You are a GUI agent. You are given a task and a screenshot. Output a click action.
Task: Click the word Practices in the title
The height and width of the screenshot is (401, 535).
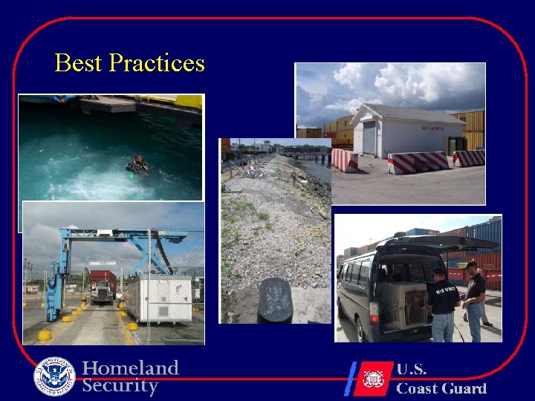point(156,63)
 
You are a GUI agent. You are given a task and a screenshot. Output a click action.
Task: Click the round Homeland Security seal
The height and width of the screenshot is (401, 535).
point(54,376)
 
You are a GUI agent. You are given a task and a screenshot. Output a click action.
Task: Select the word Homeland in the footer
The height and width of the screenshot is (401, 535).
point(131,368)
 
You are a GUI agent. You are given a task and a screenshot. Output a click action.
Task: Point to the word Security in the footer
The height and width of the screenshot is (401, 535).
point(120,386)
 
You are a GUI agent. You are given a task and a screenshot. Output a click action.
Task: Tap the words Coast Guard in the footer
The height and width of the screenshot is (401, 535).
point(441,388)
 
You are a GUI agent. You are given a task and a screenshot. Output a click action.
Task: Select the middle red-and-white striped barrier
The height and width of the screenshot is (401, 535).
point(418,163)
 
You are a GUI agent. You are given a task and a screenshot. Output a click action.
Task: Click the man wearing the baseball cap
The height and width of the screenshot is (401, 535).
point(473,297)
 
